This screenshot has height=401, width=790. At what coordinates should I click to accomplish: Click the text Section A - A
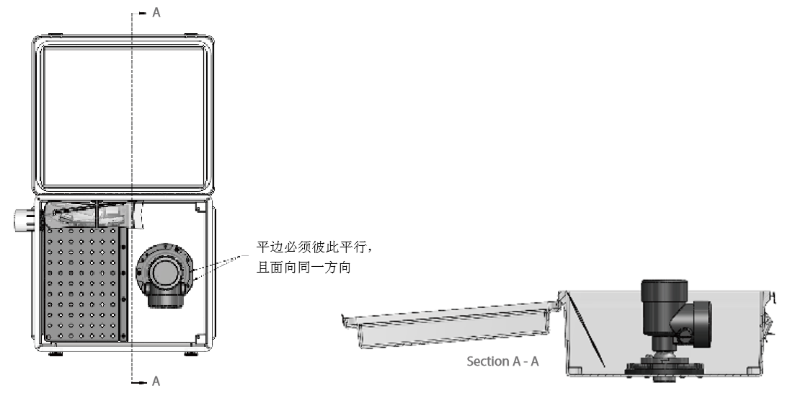(503, 361)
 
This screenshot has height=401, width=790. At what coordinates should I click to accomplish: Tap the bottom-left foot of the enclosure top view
(54, 353)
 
